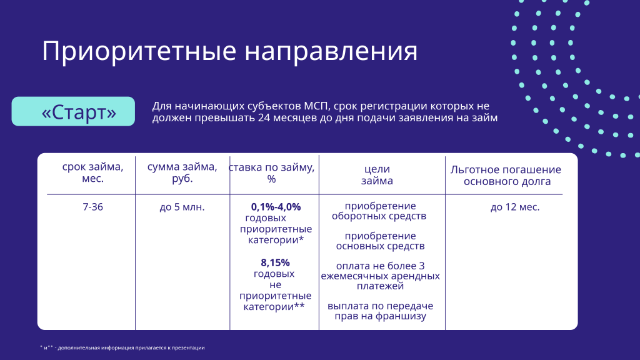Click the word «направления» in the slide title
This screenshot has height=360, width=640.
click(331, 51)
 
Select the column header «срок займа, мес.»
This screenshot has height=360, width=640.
click(92, 173)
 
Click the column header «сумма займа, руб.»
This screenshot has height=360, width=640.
click(182, 173)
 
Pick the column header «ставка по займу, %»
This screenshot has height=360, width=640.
click(272, 173)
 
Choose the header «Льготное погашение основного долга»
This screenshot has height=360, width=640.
click(506, 176)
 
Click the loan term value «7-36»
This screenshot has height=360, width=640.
click(92, 207)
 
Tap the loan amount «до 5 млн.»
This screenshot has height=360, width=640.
click(182, 207)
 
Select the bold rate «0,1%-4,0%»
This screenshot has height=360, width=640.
click(276, 207)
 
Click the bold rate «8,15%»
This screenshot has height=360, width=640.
click(275, 262)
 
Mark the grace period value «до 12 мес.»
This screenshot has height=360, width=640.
click(515, 207)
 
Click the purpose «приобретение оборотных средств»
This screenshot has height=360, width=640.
click(380, 211)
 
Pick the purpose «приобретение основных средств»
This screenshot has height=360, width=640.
click(380, 241)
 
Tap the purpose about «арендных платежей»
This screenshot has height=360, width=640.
click(380, 276)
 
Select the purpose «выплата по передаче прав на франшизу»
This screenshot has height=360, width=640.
click(380, 311)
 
